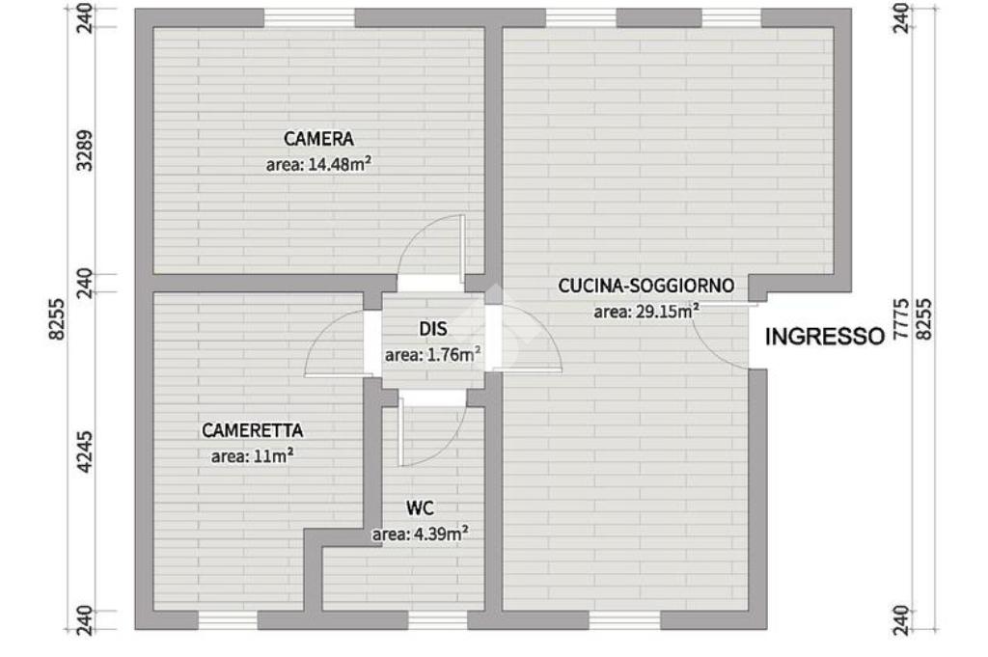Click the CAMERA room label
tap(317, 139)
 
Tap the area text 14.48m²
tap(318, 164)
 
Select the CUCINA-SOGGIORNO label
tap(646, 286)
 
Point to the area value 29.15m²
tap(646, 311)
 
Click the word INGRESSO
tap(824, 337)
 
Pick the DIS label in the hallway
tap(432, 329)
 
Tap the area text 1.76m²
tap(432, 354)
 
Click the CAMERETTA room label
tap(252, 430)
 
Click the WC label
tap(420, 507)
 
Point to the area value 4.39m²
tap(420, 533)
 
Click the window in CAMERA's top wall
tap(309, 17)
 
